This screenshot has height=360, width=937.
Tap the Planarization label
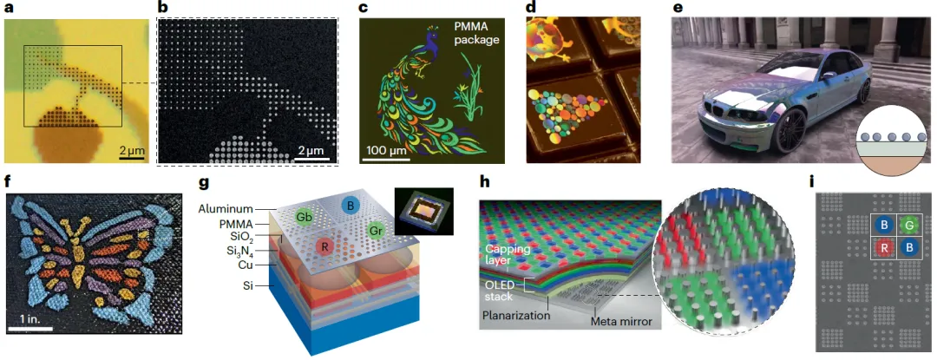pos(519,316)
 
